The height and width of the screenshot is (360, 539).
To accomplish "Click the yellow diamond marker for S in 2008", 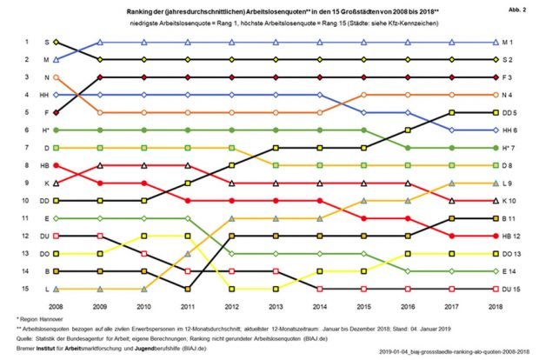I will (57, 42).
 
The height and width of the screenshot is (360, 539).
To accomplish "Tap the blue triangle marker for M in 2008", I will (57, 59).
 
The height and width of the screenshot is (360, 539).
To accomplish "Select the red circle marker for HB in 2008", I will (57, 165).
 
